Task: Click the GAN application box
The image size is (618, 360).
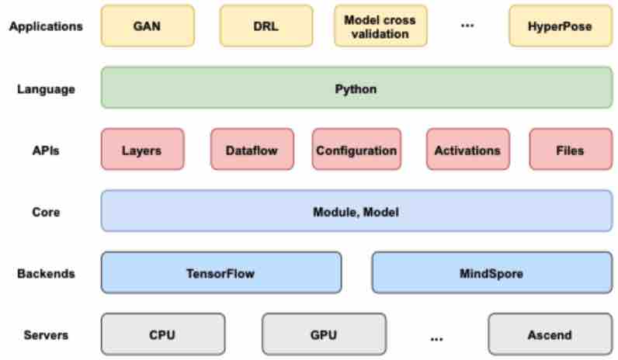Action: point(148,26)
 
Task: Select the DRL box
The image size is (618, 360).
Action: point(266,26)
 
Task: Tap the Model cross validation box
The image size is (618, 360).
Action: point(380,26)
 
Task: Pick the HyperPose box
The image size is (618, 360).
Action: point(561,26)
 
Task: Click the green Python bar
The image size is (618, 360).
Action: point(356,88)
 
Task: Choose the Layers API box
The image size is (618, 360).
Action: point(143,149)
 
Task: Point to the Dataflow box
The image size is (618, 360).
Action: point(252,149)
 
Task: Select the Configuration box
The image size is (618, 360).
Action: point(356,149)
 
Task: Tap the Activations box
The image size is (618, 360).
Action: point(468,149)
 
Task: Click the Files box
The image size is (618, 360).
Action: point(571,149)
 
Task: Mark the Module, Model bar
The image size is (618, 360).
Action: point(356,211)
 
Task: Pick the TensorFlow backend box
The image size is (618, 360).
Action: point(221,272)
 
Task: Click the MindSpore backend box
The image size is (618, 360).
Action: point(492,272)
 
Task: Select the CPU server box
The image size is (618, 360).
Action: point(163,334)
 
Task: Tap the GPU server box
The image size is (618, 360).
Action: point(324,334)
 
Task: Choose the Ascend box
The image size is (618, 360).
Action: point(550,334)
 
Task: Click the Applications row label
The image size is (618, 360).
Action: point(46,27)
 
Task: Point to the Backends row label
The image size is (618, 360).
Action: point(46,273)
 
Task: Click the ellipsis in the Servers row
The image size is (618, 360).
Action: point(436,339)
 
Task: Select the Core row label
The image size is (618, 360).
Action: point(46,212)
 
